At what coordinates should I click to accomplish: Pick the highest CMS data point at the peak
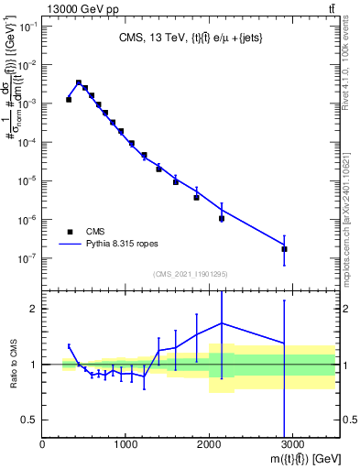pyautogui.click(x=79, y=82)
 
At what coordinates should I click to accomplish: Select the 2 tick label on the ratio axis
pyautogui.click(x=35, y=309)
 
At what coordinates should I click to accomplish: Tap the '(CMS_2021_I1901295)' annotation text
pyautogui.click(x=190, y=274)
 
